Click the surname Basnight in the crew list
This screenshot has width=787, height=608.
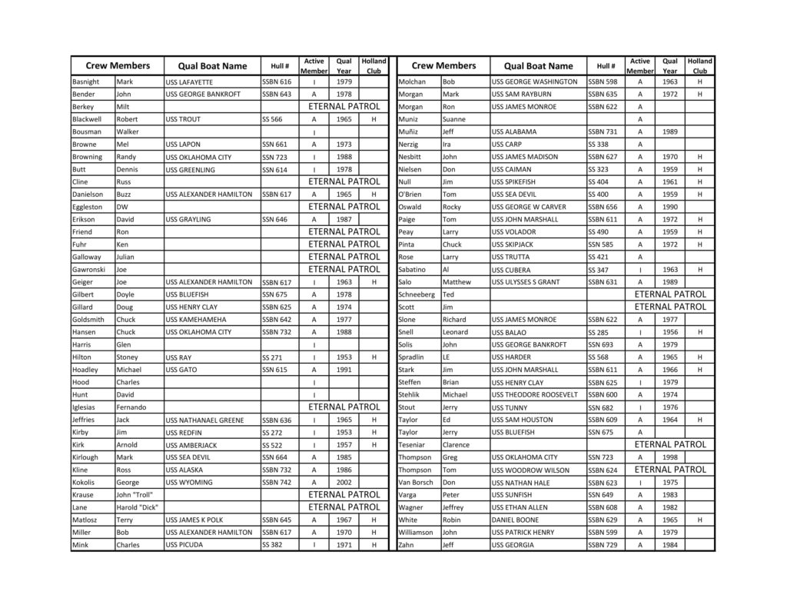[85, 81]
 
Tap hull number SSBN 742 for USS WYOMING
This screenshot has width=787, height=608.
[277, 483]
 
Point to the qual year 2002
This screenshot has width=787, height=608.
[344, 482]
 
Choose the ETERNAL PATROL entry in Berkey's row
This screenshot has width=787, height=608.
[344, 106]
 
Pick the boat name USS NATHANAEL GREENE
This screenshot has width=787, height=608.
[205, 420]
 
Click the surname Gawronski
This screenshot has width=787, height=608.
[89, 270]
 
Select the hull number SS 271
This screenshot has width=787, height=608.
[272, 357]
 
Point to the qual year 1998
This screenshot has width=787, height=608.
[670, 457]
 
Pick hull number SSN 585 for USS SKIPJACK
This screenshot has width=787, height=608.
[601, 244]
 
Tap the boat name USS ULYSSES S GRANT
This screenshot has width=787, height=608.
[526, 282]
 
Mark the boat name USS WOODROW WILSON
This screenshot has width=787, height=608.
[530, 470]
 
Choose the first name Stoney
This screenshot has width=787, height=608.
[128, 357]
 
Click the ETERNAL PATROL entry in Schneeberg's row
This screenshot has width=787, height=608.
[670, 294]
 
